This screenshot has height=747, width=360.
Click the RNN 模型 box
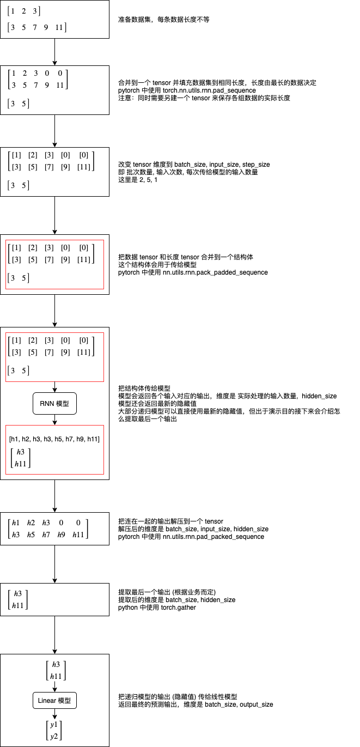54,404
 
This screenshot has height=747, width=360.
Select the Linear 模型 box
54,700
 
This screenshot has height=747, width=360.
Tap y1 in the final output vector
55,725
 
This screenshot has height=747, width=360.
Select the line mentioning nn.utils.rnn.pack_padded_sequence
193,272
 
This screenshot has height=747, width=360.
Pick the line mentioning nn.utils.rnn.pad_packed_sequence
191,537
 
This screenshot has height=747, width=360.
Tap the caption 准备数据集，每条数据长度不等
163,20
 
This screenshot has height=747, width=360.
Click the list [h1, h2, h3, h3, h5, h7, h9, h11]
54,438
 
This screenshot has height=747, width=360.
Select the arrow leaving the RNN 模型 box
54,420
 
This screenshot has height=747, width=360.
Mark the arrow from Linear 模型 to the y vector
54,713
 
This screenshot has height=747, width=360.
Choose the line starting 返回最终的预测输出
196,705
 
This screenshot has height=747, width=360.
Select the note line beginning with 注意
204,98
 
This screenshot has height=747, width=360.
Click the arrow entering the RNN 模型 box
54,387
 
